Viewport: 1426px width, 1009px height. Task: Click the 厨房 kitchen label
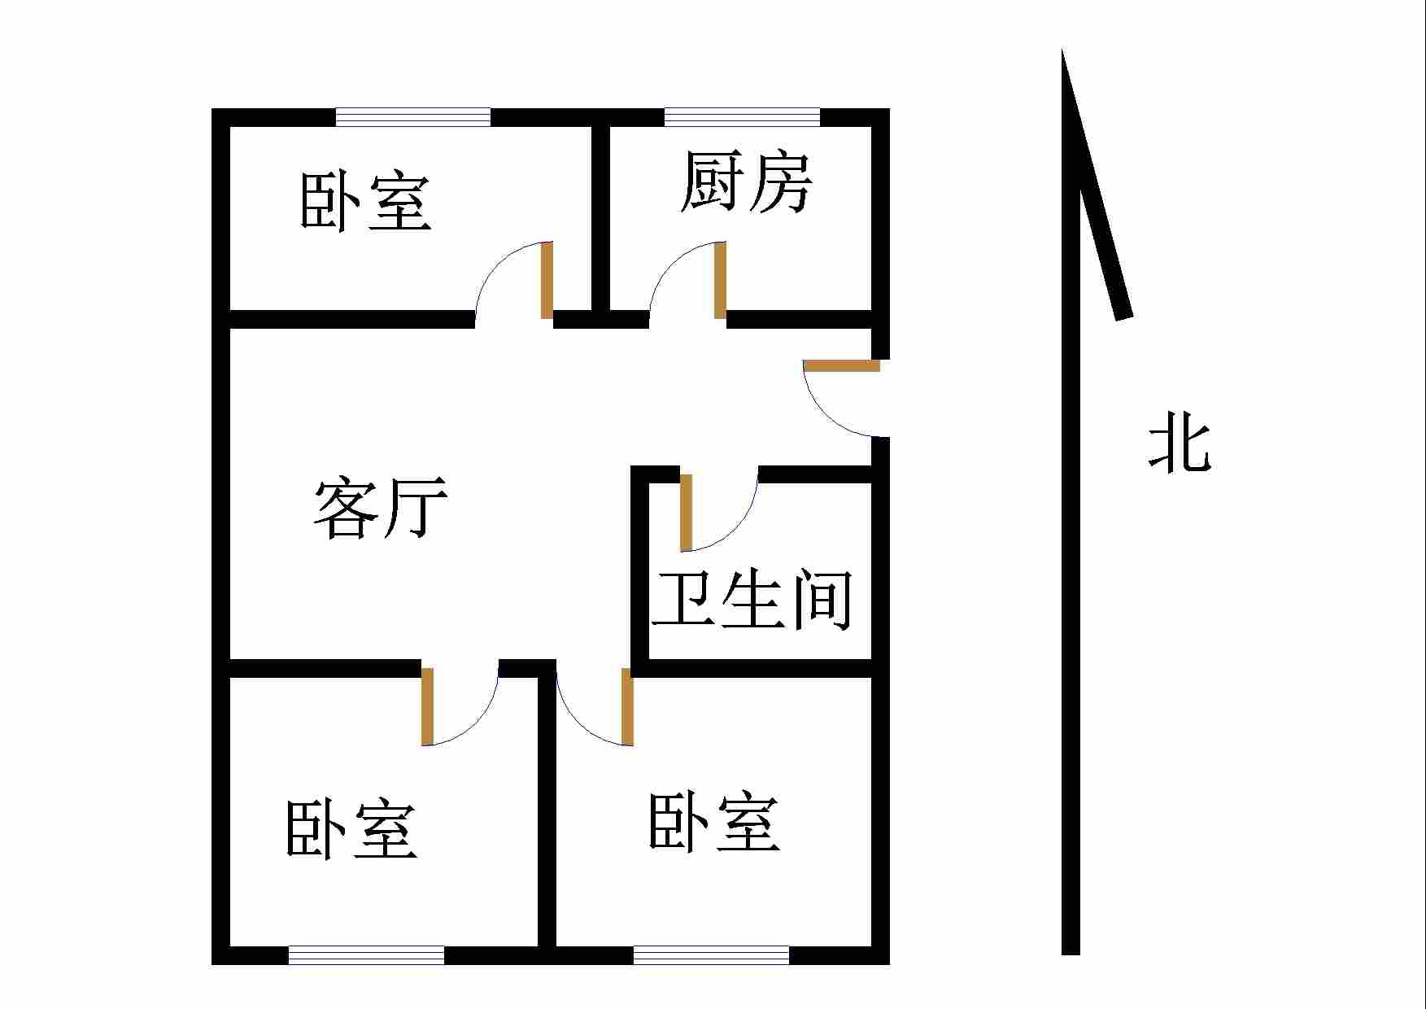pos(746,182)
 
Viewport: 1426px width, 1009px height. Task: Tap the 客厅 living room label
pos(381,509)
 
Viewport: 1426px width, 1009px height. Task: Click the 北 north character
pos(1180,441)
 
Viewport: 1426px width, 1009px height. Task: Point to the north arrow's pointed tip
pos(1063,54)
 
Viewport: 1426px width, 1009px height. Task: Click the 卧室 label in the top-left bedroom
pos(365,201)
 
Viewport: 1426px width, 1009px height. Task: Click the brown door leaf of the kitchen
pos(720,281)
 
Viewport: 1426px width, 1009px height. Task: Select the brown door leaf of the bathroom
pos(686,513)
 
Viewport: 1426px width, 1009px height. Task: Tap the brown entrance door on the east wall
pos(842,365)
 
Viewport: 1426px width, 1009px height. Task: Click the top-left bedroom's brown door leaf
pos(547,281)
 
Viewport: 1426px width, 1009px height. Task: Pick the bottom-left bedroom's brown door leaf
pos(427,706)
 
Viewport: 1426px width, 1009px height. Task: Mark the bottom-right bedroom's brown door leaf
pos(627,706)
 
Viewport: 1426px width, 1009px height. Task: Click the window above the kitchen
pos(742,117)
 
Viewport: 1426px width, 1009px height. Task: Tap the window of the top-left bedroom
pos(413,117)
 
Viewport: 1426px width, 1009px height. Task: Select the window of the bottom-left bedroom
pos(366,955)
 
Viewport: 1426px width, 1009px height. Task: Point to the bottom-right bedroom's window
pos(711,955)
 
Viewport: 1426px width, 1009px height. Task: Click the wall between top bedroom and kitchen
pos(601,218)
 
